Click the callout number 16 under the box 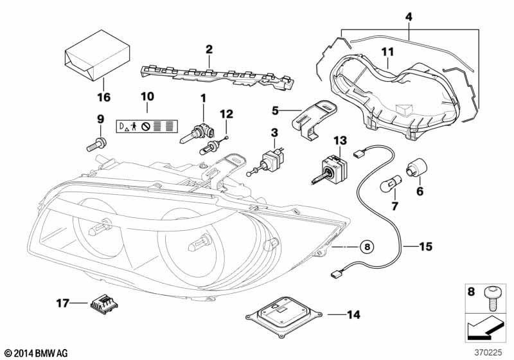pyautogui.click(x=103, y=98)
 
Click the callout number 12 pyautogui.click(x=225, y=114)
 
